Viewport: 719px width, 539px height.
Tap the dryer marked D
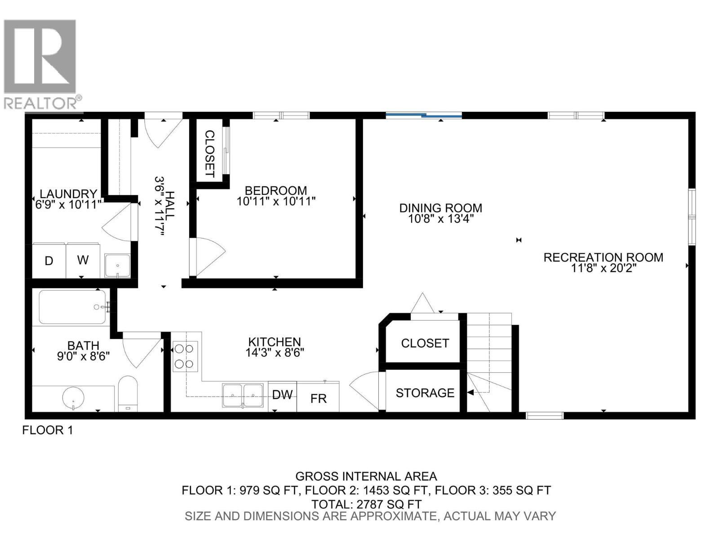(x=49, y=261)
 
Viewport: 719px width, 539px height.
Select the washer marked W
(x=83, y=260)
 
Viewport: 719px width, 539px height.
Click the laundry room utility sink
(x=117, y=265)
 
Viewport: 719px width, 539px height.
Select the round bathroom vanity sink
(x=73, y=398)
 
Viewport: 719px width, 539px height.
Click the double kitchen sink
(x=243, y=395)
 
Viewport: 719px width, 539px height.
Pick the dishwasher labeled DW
(x=282, y=395)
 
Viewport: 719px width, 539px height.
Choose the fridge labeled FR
(x=318, y=398)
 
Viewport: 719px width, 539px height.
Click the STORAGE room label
(x=425, y=393)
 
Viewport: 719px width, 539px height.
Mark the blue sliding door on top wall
(x=424, y=116)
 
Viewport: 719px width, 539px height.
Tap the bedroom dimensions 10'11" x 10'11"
(x=276, y=201)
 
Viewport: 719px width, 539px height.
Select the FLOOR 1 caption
(x=47, y=430)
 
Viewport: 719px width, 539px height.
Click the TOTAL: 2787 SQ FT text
(x=366, y=504)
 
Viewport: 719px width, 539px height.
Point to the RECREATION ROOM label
(x=603, y=257)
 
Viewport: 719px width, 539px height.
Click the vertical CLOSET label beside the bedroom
(x=209, y=153)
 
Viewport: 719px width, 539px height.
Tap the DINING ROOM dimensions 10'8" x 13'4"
(x=440, y=219)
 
